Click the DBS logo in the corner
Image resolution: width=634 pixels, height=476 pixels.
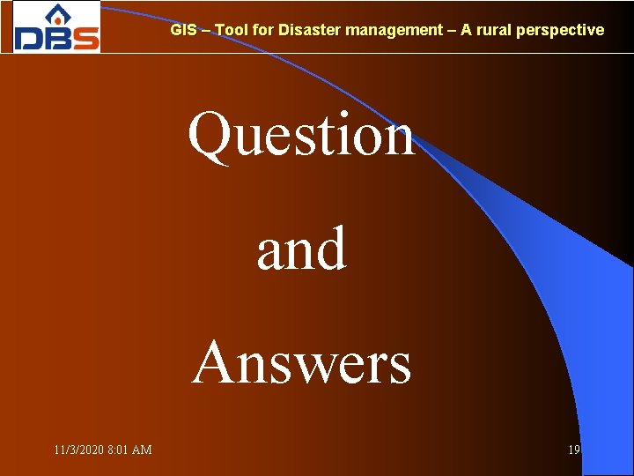(x=56, y=27)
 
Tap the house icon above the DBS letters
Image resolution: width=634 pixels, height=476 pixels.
(x=56, y=15)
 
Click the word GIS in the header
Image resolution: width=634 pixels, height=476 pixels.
(x=183, y=30)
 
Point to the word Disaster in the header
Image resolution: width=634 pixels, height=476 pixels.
(x=309, y=30)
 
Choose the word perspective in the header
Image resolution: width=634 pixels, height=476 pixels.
(x=560, y=30)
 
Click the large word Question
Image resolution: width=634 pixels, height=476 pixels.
(x=300, y=136)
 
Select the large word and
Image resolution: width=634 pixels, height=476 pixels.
(x=301, y=249)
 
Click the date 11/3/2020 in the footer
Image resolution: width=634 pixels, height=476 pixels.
(x=78, y=450)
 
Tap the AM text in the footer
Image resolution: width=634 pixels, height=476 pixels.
(x=143, y=450)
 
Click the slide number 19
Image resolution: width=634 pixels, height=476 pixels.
(x=574, y=450)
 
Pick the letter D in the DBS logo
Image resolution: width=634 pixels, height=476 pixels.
(x=29, y=38)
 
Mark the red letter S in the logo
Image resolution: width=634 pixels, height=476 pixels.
(x=85, y=38)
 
